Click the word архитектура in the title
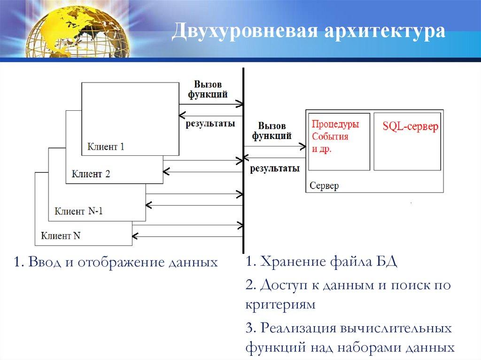click(376, 32)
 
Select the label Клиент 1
click(106, 146)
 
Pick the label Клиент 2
click(91, 174)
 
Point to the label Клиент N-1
click(78, 211)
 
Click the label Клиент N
click(61, 236)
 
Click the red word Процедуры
click(335, 125)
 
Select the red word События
click(330, 137)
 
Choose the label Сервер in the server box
click(324, 186)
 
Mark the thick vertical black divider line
click(243, 160)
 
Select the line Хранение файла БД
click(321, 262)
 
